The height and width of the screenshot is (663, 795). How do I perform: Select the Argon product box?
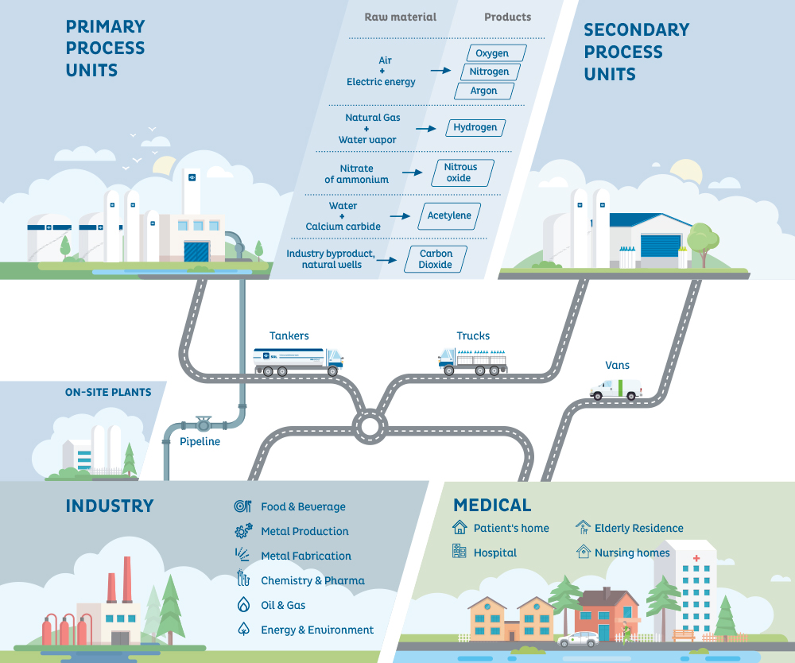click(483, 91)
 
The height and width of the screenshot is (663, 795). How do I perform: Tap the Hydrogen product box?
click(475, 127)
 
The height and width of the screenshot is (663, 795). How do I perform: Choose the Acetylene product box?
click(449, 215)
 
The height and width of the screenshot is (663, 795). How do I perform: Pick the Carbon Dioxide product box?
click(436, 259)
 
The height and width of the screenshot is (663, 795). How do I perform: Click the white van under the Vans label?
click(616, 389)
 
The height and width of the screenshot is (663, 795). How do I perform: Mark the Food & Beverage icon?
click(243, 506)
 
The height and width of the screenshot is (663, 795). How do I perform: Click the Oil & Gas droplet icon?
click(243, 605)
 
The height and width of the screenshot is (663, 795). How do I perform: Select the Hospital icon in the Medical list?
click(460, 552)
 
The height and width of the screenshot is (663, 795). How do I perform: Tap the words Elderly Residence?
click(638, 528)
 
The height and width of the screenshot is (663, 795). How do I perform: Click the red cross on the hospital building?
click(696, 559)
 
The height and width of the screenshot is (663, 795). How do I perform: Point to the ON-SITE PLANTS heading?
click(108, 392)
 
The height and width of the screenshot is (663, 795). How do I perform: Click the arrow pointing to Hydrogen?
click(426, 128)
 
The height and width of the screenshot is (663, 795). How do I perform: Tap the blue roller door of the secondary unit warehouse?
click(661, 246)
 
